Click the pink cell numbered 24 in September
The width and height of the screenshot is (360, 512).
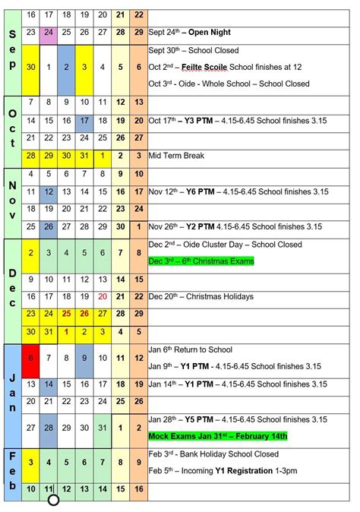49,33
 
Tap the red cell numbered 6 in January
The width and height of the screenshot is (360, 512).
30,357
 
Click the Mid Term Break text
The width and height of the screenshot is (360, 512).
177,156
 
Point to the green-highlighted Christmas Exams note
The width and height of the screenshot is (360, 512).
201,261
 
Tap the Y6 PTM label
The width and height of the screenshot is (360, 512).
201,191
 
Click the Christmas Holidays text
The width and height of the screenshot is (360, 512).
220,296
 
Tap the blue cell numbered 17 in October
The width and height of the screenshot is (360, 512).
84,121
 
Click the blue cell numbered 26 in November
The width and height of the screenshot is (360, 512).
49,226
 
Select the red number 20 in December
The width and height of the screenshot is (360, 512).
102,296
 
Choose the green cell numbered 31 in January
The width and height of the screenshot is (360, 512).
102,428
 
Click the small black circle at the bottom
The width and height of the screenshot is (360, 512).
53,500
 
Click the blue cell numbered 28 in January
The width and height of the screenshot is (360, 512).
49,428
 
